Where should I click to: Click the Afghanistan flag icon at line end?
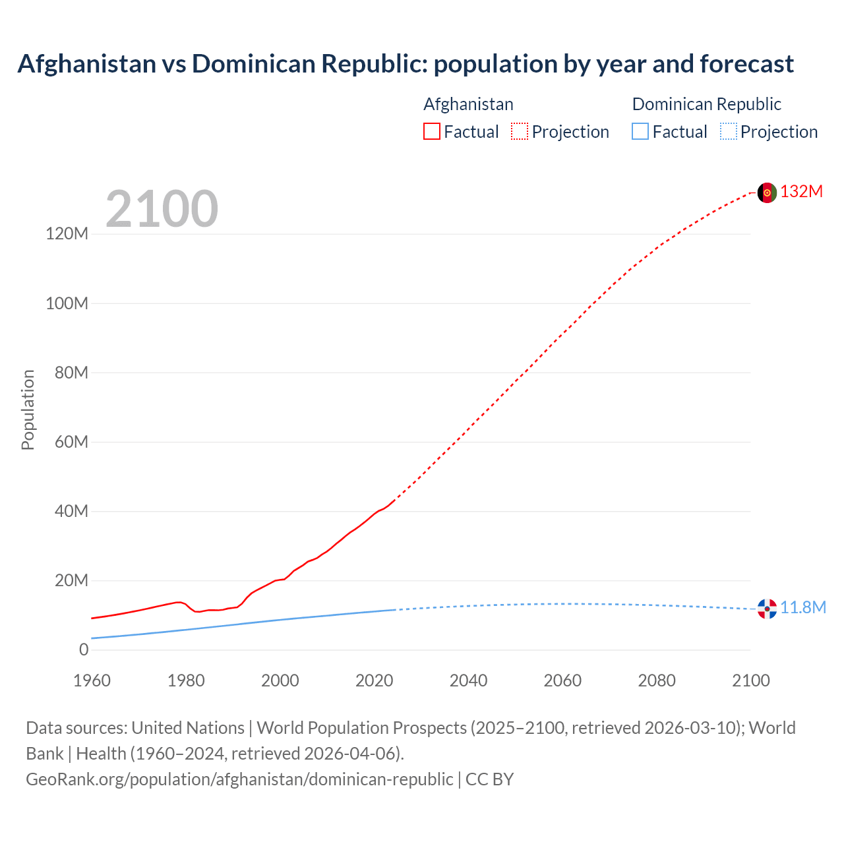click(767, 193)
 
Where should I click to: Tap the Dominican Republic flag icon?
click(767, 609)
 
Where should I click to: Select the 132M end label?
click(801, 192)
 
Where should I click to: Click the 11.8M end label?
click(803, 608)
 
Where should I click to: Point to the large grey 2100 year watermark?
click(162, 209)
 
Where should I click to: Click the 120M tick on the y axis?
click(67, 234)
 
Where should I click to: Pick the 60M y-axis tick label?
click(71, 442)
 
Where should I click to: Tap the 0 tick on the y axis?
click(84, 649)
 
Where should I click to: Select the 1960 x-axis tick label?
click(92, 680)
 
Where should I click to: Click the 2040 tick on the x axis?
click(468, 680)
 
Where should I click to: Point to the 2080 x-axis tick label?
click(657, 680)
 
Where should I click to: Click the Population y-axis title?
click(28, 409)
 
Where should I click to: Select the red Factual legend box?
click(432, 132)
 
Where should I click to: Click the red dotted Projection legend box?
click(520, 132)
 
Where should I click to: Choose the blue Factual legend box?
click(640, 132)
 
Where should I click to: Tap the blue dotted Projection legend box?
click(729, 132)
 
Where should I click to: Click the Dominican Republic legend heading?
click(706, 104)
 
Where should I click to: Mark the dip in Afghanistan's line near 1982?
click(197, 612)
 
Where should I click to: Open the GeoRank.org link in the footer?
click(239, 779)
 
